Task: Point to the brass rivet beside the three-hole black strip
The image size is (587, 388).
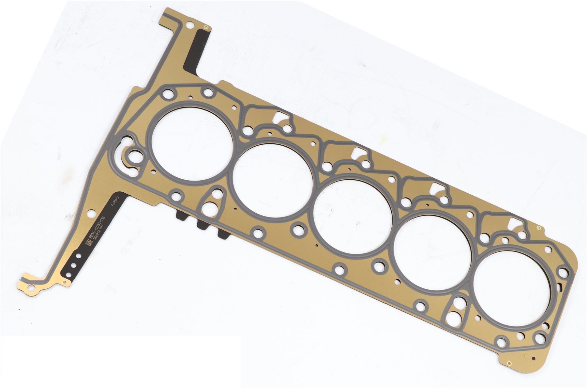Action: click(67, 281)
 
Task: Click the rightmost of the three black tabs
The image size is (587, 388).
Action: click(223, 234)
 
